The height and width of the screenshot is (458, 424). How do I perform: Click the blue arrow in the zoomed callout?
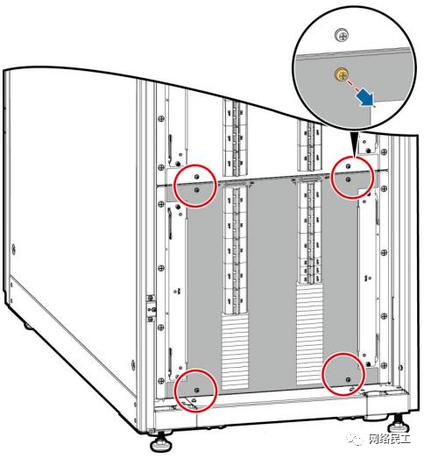(x=365, y=98)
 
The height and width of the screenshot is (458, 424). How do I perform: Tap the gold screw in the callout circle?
(x=341, y=74)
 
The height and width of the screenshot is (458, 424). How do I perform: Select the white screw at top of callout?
(x=342, y=35)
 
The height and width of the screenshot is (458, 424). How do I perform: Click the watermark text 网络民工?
(x=389, y=439)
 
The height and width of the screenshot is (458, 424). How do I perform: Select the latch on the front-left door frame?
(x=151, y=308)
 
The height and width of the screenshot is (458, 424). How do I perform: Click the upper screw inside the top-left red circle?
(x=196, y=177)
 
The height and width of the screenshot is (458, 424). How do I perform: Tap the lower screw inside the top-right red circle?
(x=348, y=180)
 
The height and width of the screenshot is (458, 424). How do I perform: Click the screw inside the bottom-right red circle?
(x=348, y=379)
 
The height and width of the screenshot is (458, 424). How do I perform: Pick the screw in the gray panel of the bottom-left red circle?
(x=196, y=390)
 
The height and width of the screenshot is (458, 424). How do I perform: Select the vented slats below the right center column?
(x=309, y=334)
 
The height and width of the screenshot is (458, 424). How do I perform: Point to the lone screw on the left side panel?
(x=13, y=250)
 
